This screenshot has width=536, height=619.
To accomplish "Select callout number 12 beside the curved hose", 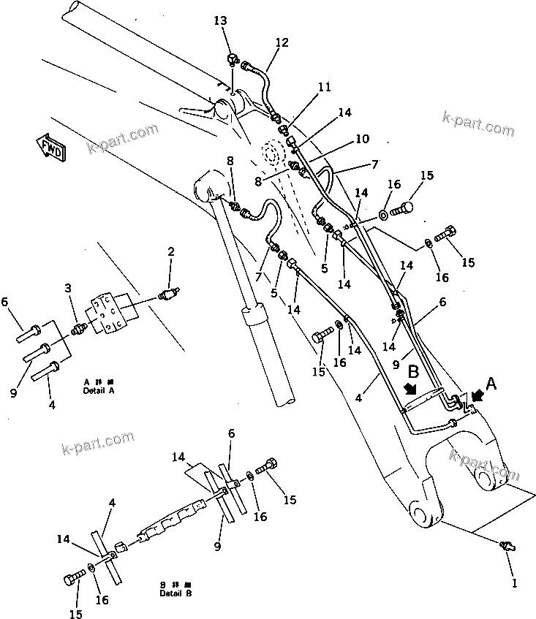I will coord(282,44).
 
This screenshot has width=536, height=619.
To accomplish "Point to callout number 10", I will coord(363,137).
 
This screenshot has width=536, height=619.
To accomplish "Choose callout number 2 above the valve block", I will coord(170,253).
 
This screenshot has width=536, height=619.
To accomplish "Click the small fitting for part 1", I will coord(507,547).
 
